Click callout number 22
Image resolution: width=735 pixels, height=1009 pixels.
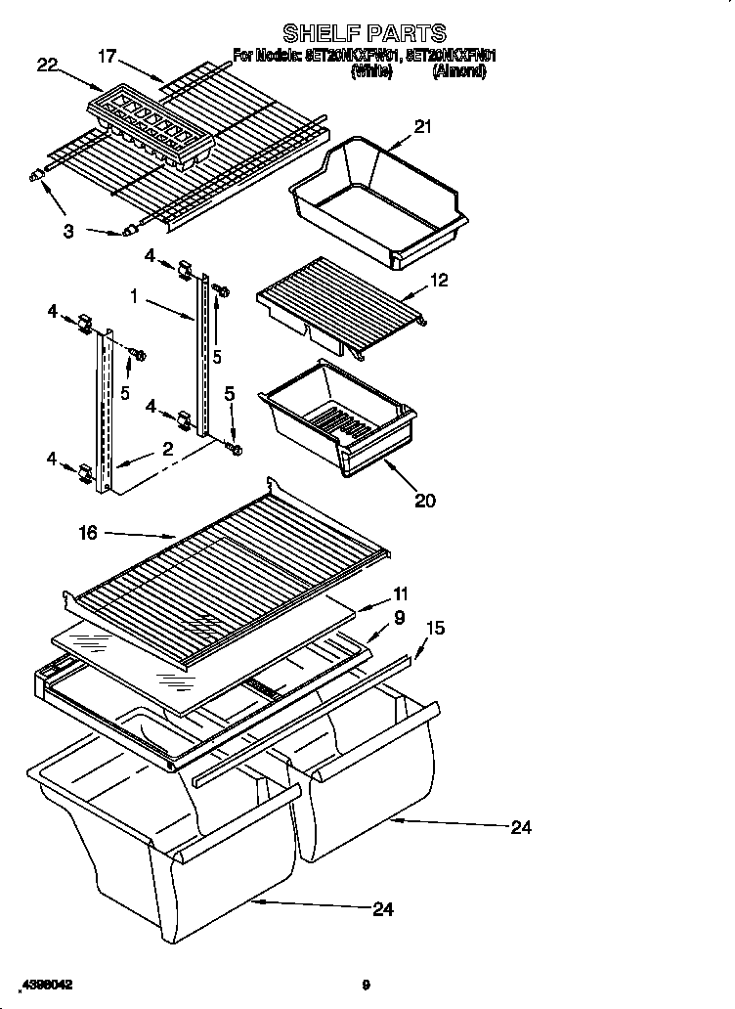pos(47,66)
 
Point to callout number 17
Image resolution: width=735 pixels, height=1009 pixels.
pos(108,57)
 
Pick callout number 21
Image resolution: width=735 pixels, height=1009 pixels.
pos(422,126)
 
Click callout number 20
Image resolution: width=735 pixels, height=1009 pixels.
pos(424,501)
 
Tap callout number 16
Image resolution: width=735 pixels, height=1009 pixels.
pos(89,532)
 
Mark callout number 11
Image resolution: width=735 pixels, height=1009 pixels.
pos(401,593)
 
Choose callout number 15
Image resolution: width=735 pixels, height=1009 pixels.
pos(435,629)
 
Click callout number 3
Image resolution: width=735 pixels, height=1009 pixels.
pos(68,231)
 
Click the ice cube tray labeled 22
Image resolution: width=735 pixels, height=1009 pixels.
pos(151,130)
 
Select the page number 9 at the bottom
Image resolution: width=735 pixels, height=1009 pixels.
pos(365,985)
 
